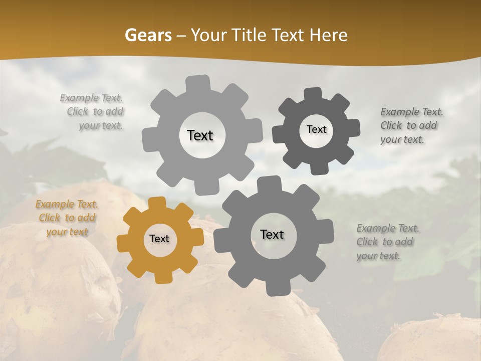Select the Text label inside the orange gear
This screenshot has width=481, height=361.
(159, 239)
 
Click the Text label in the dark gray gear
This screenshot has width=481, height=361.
(316, 129)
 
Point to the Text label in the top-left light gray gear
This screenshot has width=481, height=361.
(200, 135)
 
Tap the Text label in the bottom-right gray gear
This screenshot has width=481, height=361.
(272, 235)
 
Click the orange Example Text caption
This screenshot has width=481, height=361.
(67, 218)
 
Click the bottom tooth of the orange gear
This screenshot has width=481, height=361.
(162, 277)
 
